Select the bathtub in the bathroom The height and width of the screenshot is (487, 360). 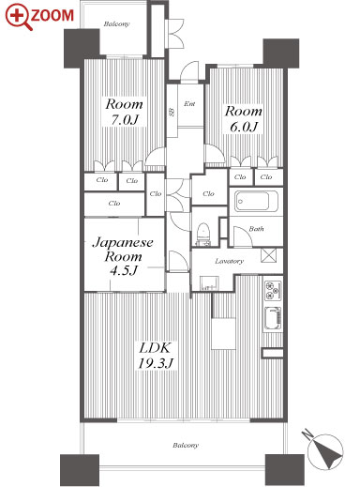(257, 201)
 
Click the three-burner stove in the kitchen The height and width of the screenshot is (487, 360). (273, 291)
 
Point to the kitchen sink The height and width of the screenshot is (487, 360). (273, 319)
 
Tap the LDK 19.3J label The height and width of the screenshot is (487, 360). (156, 356)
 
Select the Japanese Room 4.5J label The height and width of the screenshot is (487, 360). (123, 256)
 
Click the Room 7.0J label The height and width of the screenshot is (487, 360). (124, 112)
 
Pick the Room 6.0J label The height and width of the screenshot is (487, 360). (244, 119)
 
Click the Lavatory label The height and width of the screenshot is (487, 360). (229, 261)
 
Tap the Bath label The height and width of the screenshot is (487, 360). (256, 229)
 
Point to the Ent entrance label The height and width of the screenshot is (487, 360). (189, 103)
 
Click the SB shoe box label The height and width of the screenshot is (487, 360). (172, 113)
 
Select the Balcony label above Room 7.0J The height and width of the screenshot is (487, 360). (116, 23)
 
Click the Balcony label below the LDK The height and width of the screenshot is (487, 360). (186, 445)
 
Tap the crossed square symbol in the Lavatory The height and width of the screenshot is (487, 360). (268, 255)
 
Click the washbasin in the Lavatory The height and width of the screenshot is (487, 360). (209, 283)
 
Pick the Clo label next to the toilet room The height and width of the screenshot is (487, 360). (208, 193)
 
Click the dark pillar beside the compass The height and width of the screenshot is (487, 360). (285, 469)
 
